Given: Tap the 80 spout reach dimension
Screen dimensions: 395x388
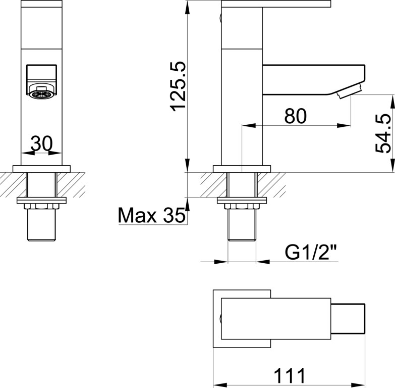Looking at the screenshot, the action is (296, 116).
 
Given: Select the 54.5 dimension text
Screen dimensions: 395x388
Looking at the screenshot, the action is (383, 133).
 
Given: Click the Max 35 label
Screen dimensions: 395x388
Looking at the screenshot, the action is (152, 215).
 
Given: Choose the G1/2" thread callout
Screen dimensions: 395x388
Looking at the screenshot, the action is (311, 252).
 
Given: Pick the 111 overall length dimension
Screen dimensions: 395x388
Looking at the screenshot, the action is (289, 376).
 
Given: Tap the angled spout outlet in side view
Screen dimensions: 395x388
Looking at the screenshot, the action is (350, 91).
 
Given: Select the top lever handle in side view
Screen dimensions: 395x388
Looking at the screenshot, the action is (276, 4).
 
